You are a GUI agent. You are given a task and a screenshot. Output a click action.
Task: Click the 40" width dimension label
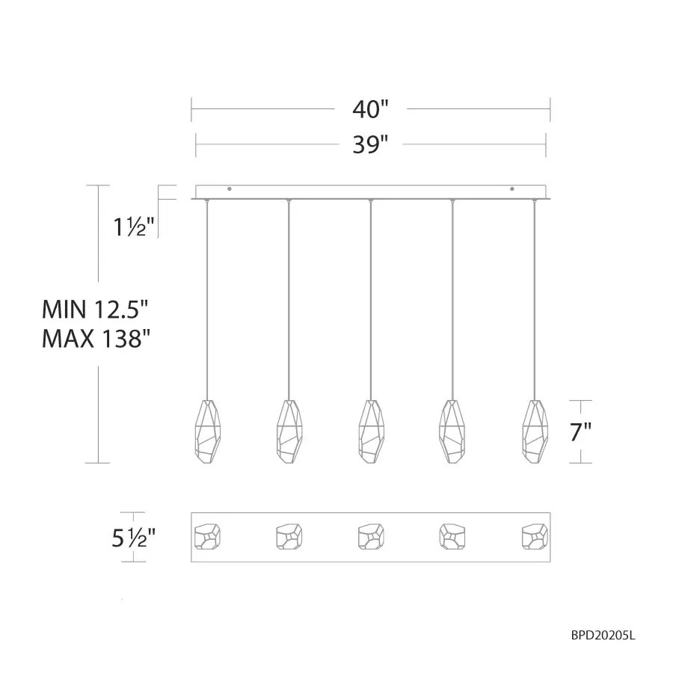tap(371, 109)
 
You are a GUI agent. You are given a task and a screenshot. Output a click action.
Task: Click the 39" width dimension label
tap(371, 144)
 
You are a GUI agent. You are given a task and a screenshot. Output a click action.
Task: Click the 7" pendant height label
tap(580, 431)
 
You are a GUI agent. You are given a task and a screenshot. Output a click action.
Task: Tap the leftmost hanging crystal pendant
tap(206, 432)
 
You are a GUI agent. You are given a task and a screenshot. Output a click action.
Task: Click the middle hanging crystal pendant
tap(371, 432)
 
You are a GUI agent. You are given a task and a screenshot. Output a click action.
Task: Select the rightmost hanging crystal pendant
tap(535, 432)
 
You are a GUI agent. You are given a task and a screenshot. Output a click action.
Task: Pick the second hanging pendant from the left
tap(289, 432)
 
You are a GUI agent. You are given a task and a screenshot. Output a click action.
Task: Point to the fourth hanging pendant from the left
tap(452, 432)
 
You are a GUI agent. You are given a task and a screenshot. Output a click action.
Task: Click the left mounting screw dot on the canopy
tap(230, 188)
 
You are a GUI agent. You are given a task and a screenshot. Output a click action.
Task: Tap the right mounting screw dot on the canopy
tap(512, 188)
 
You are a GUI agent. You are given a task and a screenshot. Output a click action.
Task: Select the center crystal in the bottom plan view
tap(371, 535)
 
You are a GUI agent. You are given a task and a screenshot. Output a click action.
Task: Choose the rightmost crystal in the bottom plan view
tap(534, 535)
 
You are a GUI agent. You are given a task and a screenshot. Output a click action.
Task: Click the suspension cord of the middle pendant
tap(371, 299)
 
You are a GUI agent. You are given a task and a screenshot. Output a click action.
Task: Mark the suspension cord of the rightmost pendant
tap(535, 299)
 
